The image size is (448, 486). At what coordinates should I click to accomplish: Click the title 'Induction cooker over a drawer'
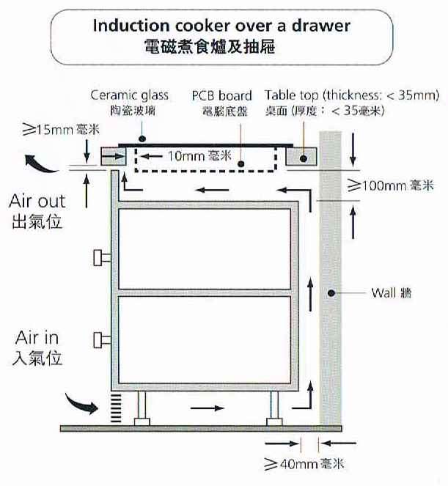[x=221, y=26]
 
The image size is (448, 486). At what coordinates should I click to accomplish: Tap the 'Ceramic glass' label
[x=130, y=95]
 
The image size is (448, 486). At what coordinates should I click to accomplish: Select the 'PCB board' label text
[x=221, y=95]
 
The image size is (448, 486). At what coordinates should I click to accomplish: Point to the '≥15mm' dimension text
[x=48, y=130]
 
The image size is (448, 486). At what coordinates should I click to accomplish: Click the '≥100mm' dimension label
[x=377, y=185]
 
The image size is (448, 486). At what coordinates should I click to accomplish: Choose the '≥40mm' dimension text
[x=291, y=464]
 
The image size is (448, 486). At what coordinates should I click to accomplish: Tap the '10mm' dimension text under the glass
[x=187, y=155]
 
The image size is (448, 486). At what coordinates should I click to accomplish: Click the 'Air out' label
[x=37, y=201]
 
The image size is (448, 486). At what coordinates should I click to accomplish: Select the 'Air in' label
[x=37, y=337]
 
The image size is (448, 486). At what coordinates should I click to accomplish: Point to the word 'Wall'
[x=383, y=292]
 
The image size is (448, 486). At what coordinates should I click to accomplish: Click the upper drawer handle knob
[x=98, y=257]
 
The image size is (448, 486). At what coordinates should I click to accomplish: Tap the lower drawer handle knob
[x=98, y=339]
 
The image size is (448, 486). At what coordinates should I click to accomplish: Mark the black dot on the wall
[x=331, y=292]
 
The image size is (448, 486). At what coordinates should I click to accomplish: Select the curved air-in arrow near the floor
[x=81, y=403]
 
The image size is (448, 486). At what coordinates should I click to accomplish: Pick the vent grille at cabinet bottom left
[x=116, y=408]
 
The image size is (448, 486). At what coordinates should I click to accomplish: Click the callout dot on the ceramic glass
[x=142, y=139]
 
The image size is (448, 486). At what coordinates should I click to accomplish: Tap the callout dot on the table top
[x=304, y=158]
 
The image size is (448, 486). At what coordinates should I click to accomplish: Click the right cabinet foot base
[x=274, y=421]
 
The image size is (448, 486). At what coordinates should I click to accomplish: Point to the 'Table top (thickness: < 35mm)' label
[x=352, y=95]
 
